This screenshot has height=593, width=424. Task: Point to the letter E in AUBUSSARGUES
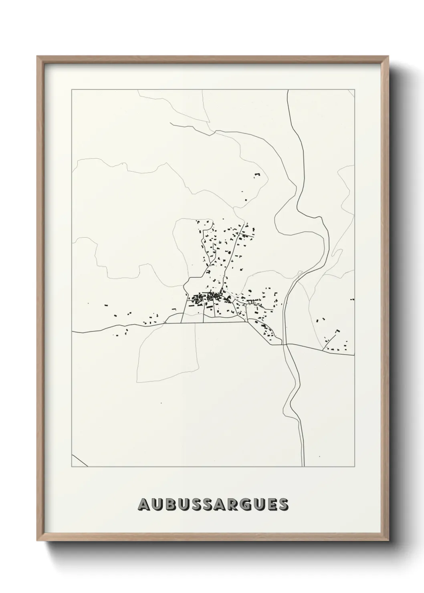pyautogui.click(x=271, y=504)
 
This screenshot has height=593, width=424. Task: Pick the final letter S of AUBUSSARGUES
pyautogui.click(x=283, y=504)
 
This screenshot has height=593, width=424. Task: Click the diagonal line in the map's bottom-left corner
pyautogui.click(x=80, y=461)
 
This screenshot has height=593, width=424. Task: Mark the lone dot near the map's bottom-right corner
pyautogui.click(x=319, y=457)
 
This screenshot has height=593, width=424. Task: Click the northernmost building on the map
pyautogui.click(x=257, y=174)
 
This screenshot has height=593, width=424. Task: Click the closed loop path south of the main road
pyautogui.click(x=168, y=353)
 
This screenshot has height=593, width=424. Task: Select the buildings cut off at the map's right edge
pyautogui.click(x=352, y=299)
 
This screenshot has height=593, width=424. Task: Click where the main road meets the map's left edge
pyautogui.click(x=73, y=332)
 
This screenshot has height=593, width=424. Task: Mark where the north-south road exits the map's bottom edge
pyautogui.click(x=303, y=466)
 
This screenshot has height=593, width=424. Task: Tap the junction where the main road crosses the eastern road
pyautogui.click(x=286, y=344)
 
